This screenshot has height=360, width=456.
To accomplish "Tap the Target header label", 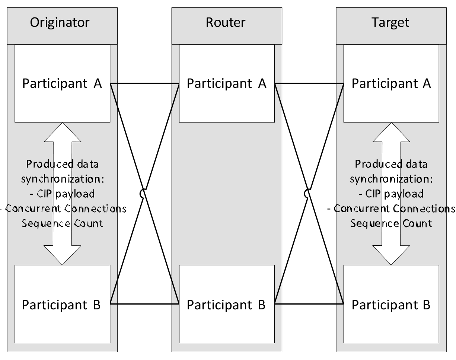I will (391, 22).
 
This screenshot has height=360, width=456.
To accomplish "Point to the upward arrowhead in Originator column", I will (62, 132).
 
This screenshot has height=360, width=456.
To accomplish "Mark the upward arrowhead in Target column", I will (391, 132).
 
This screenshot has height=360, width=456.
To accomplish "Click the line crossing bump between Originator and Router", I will (142, 194).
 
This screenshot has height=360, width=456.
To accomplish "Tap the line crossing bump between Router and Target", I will (307, 194).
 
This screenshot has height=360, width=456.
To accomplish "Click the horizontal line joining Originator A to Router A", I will (144, 83).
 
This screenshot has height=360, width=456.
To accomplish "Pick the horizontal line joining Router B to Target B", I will (309, 304).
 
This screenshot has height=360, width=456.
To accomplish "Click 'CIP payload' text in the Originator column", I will (62, 194).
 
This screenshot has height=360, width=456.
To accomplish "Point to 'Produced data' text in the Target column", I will (391, 164).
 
